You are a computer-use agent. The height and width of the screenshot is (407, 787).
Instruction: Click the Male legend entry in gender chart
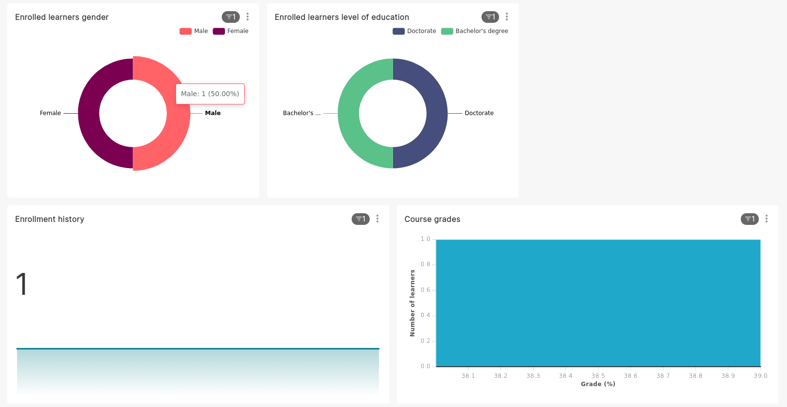click(194, 31)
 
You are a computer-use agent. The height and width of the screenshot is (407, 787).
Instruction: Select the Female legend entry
click(231, 31)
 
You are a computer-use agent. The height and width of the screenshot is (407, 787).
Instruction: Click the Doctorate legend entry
click(414, 31)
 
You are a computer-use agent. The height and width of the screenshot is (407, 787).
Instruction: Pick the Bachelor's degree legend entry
click(475, 31)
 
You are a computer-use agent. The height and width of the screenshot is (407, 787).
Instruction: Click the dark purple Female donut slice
click(89, 114)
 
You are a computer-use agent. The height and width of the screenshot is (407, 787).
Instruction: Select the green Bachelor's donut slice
click(349, 114)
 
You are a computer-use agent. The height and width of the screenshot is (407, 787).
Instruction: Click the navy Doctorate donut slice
click(437, 114)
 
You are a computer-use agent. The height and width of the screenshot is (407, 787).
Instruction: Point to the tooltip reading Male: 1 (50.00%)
click(210, 94)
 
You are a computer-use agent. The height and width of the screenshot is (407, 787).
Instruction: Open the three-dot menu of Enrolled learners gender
click(248, 17)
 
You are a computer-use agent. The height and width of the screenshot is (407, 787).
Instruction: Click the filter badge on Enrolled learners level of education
click(490, 17)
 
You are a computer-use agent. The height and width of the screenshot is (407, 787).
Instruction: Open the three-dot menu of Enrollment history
click(377, 219)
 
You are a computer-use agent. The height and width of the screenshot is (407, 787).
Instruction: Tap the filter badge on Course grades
click(749, 219)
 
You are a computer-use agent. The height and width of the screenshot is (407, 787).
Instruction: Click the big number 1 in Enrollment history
click(22, 284)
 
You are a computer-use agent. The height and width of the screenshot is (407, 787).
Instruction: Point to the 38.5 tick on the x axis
click(598, 376)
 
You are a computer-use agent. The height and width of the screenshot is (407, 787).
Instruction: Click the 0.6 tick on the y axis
click(426, 290)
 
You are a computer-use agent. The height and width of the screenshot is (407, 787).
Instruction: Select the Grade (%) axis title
click(598, 384)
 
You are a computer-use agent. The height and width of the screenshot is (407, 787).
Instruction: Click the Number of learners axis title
click(412, 303)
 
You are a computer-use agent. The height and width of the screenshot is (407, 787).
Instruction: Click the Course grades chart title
click(432, 219)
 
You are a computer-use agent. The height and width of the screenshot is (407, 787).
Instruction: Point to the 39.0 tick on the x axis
click(761, 376)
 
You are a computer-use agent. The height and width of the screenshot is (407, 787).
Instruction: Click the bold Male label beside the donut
click(213, 113)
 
